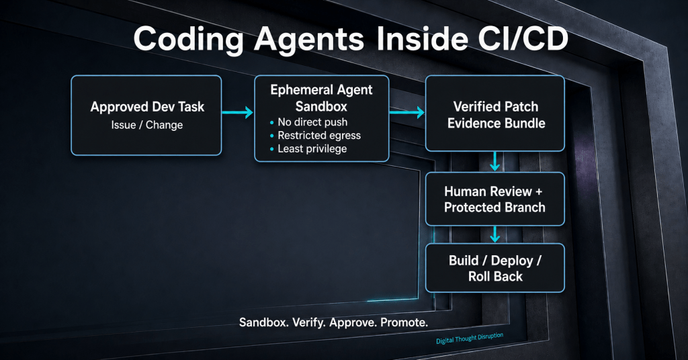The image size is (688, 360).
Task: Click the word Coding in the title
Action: (189, 40)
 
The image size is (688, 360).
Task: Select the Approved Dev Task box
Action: (146, 116)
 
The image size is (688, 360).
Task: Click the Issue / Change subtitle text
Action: (147, 125)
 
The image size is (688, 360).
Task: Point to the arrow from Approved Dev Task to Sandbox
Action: (237, 112)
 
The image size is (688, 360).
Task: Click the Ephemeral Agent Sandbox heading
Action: (321, 98)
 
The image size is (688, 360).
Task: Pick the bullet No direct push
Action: (309, 122)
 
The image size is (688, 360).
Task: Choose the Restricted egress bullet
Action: (316, 136)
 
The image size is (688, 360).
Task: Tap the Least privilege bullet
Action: (308, 148)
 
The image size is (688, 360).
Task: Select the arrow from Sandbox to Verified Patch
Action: (406, 112)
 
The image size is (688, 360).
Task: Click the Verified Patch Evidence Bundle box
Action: (495, 114)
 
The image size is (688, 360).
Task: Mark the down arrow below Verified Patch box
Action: (495, 161)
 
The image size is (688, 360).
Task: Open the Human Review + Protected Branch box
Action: (495, 199)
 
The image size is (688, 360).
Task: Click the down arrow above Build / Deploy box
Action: (495, 234)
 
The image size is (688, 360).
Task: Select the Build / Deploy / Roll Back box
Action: (495, 268)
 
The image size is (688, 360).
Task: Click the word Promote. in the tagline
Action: (404, 323)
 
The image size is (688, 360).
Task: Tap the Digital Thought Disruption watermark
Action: (470, 338)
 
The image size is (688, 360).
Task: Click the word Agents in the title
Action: (309, 40)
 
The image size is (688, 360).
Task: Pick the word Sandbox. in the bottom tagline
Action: (263, 323)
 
